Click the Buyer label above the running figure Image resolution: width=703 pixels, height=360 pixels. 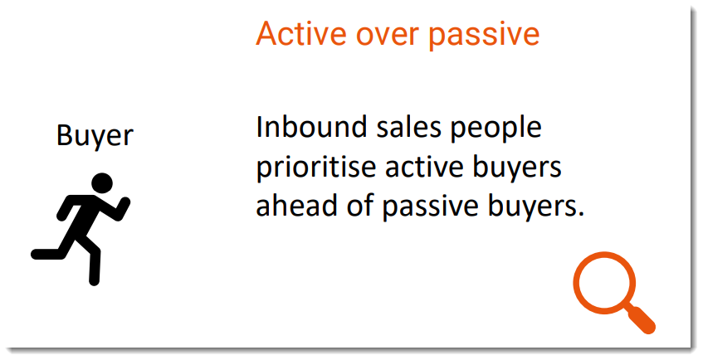pos(95,134)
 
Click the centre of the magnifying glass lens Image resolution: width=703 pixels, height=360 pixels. pos(603,284)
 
